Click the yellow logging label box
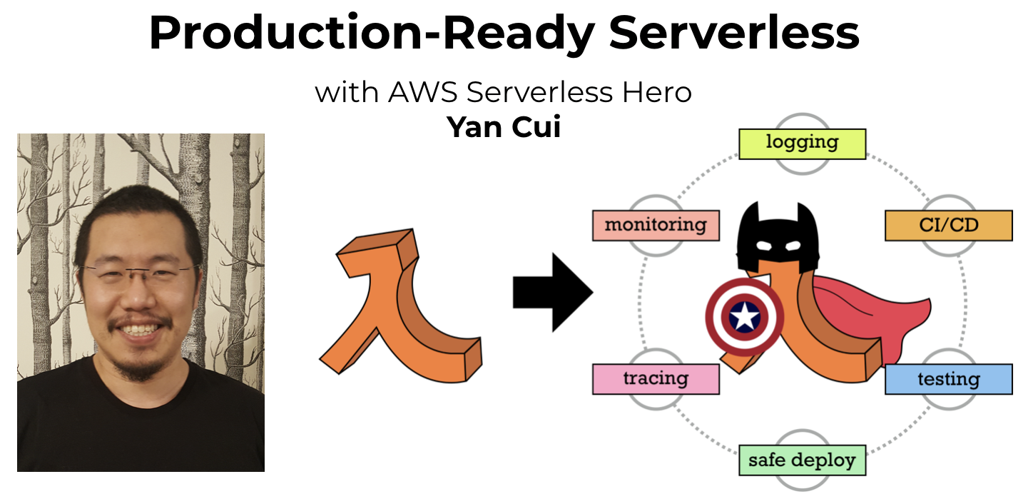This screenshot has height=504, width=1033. tap(801, 143)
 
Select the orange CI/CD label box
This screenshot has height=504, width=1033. tap(948, 226)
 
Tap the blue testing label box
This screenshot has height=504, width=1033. tap(948, 379)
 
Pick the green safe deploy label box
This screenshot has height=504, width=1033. tap(801, 460)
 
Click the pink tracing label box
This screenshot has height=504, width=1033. tap(655, 379)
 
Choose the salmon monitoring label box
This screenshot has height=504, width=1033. tap(655, 226)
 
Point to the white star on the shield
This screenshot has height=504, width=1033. tap(745, 316)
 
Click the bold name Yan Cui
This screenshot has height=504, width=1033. tap(504, 127)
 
